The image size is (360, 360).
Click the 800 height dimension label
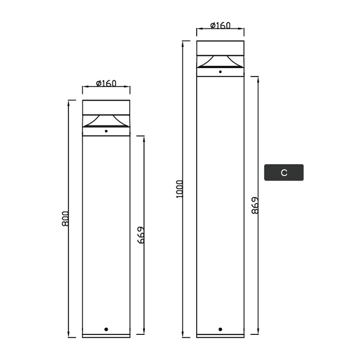pos(66,218)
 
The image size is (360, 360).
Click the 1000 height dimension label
pos(180,188)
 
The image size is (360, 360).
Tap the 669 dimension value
pos(141,236)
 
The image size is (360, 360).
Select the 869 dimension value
pos(255,205)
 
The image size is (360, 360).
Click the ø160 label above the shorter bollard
pos(106,83)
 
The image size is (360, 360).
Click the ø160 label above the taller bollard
pos(220,25)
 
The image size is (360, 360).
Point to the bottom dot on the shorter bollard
pos(106,328)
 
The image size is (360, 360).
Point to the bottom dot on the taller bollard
pos(220,329)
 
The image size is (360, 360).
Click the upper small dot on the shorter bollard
pos(106,131)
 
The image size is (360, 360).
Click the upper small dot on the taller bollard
pos(220,72)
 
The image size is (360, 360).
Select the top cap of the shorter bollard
pos(106,108)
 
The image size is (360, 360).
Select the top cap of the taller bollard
pos(220,48)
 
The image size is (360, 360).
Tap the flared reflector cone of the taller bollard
pos(220,61)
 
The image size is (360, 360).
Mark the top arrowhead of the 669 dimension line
pos(144,139)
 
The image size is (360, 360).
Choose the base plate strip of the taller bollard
pos(220,336)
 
